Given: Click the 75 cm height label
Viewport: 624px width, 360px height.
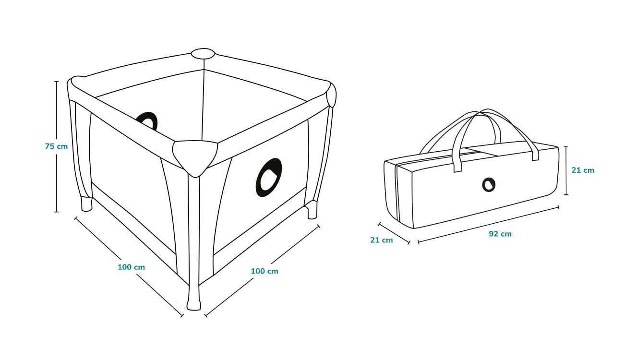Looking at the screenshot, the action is click(x=56, y=146).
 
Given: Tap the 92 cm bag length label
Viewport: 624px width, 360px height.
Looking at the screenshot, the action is click(x=500, y=234).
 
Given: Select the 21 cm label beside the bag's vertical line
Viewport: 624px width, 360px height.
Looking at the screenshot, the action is click(x=583, y=170).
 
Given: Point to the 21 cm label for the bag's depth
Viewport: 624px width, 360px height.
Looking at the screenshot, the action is click(x=382, y=240).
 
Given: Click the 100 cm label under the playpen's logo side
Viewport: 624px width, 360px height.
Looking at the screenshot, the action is click(x=264, y=271).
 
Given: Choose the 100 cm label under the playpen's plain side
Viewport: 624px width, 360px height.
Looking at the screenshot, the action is click(x=131, y=267).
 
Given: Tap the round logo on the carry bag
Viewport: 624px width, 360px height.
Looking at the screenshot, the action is click(x=489, y=185).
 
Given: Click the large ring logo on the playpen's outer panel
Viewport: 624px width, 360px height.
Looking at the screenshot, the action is click(x=268, y=178).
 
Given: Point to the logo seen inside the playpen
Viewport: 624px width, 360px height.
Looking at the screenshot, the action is click(x=147, y=120).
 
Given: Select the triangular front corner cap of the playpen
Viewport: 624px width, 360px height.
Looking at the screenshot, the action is click(x=195, y=157).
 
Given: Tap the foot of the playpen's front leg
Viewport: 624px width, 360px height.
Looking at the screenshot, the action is click(x=193, y=304).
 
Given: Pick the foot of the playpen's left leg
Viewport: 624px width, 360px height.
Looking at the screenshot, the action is click(x=86, y=204).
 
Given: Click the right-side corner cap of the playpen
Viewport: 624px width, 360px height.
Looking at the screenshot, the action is click(x=331, y=95).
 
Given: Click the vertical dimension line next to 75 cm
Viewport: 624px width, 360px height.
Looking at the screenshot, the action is click(x=57, y=146).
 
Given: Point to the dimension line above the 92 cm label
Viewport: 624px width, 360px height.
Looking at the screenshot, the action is click(x=488, y=225).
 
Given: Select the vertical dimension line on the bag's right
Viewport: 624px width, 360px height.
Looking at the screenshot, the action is click(x=566, y=170).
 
